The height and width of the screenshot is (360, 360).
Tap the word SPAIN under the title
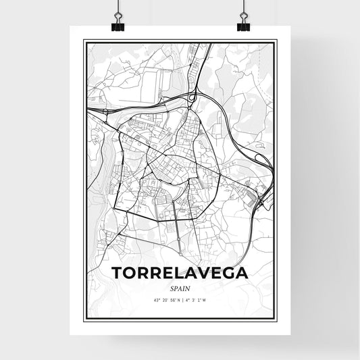pyautogui.click(x=180, y=286)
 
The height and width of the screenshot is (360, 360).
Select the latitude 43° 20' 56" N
pyautogui.click(x=163, y=299)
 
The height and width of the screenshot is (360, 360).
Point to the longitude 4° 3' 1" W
pyautogui.click(x=197, y=299)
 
